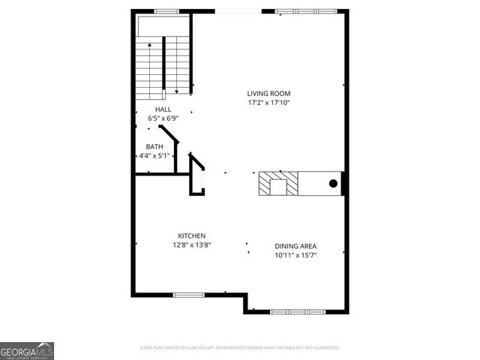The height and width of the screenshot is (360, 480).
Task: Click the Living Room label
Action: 268,94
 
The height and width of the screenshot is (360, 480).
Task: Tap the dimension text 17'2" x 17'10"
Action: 268,103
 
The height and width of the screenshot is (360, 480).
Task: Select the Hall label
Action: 163,109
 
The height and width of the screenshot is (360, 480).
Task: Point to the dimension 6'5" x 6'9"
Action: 163,118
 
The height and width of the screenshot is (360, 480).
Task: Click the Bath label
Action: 154,147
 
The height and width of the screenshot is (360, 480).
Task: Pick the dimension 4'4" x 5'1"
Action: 154,156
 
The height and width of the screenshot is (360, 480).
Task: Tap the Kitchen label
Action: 192,235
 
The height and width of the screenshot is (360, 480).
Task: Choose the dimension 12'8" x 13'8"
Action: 192,244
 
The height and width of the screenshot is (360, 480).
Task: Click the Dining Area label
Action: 295,246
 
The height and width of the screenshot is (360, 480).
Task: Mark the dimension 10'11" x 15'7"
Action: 295,255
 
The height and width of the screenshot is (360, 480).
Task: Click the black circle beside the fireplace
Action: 334,183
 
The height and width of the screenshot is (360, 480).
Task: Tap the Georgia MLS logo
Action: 27,350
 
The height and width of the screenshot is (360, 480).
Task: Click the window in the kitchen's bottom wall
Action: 189,295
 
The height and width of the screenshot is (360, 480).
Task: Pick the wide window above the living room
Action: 305,11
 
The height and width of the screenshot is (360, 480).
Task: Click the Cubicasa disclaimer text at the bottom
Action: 240,348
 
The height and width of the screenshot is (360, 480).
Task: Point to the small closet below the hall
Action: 197,176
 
